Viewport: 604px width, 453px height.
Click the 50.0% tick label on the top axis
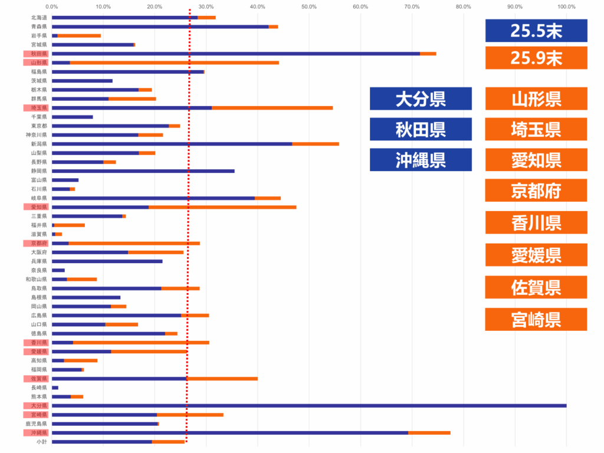click(x=309, y=7)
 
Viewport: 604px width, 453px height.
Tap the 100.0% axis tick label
click(x=566, y=7)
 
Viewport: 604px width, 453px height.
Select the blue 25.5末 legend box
click(x=536, y=31)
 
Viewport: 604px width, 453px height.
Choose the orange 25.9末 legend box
click(x=536, y=58)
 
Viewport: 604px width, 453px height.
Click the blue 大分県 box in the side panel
click(x=421, y=99)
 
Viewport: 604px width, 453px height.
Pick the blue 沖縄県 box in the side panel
click(x=421, y=160)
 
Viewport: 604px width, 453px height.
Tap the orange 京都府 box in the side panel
click(x=536, y=191)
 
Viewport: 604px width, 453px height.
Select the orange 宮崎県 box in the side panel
click(x=536, y=319)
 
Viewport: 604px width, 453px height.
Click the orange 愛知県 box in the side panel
click(x=536, y=160)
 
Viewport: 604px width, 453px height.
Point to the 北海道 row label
click(x=40, y=18)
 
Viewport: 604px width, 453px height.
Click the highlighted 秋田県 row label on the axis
click(x=39, y=54)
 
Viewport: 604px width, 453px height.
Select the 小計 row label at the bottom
click(x=41, y=442)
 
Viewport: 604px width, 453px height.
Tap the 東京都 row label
click(x=40, y=126)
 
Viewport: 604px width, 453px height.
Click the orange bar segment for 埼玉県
click(x=272, y=108)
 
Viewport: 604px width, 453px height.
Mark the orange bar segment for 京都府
click(x=134, y=243)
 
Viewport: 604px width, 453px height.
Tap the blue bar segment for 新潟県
click(x=172, y=144)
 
